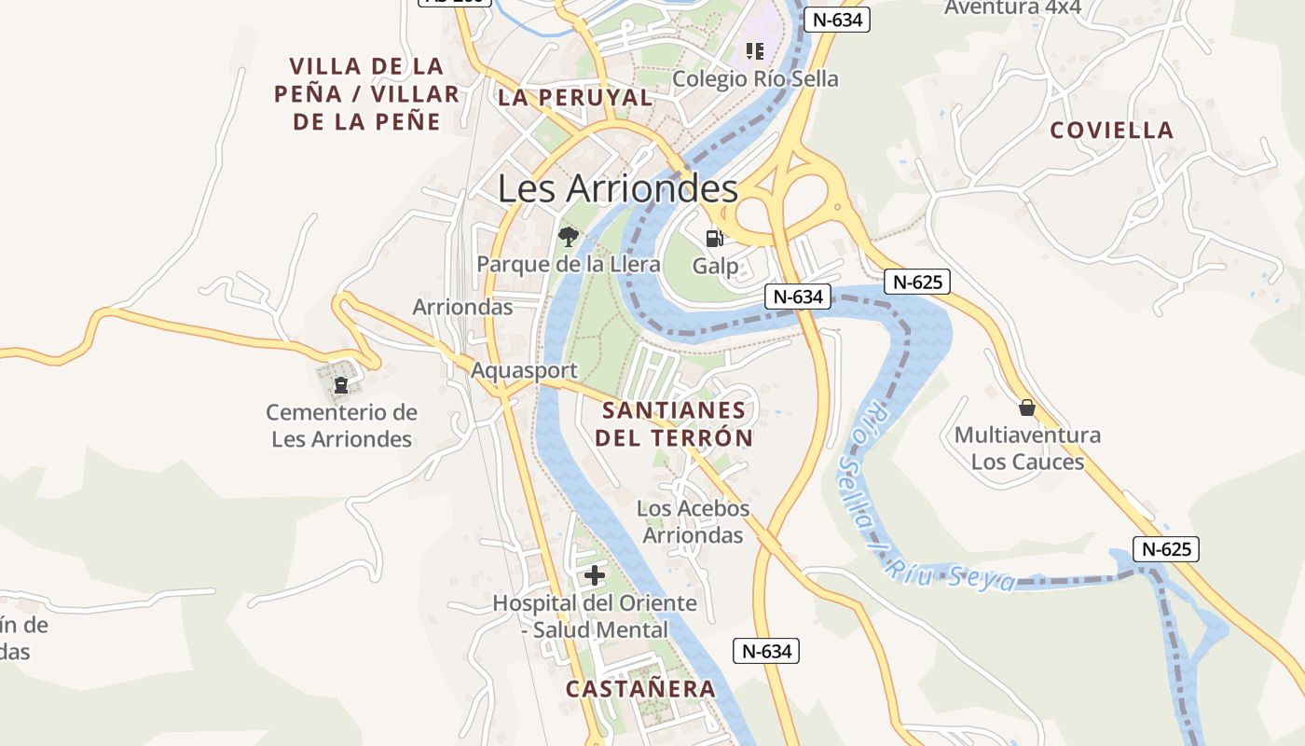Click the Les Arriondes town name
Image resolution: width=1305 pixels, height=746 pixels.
tap(617, 188)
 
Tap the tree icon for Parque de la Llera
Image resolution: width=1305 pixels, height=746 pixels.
tap(568, 237)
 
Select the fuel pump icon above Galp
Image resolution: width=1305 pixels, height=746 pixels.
tap(714, 238)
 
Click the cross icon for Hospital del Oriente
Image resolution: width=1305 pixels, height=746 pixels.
tap(594, 575)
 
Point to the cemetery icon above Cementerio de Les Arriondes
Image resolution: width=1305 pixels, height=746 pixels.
tap(341, 382)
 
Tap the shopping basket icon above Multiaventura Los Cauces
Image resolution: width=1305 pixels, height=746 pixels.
tap(1026, 408)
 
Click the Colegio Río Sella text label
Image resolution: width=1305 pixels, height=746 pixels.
tap(755, 79)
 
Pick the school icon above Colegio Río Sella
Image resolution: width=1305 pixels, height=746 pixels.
tap(754, 50)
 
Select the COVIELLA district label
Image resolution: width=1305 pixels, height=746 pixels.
tap(1111, 131)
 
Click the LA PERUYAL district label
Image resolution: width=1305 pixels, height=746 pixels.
tap(574, 98)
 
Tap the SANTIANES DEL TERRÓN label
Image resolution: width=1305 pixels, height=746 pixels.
tap(674, 424)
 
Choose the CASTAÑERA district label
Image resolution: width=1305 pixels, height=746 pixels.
tap(640, 689)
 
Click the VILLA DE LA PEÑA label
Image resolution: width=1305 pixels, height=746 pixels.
tap(366, 93)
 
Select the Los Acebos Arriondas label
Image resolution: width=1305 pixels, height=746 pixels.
tap(693, 522)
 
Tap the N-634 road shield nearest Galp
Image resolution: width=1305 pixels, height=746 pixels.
tap(797, 297)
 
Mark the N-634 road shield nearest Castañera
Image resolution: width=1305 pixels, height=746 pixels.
tap(766, 651)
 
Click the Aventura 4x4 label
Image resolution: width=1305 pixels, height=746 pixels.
tap(1012, 8)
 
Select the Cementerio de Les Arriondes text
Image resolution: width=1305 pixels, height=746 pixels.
tap(341, 425)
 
